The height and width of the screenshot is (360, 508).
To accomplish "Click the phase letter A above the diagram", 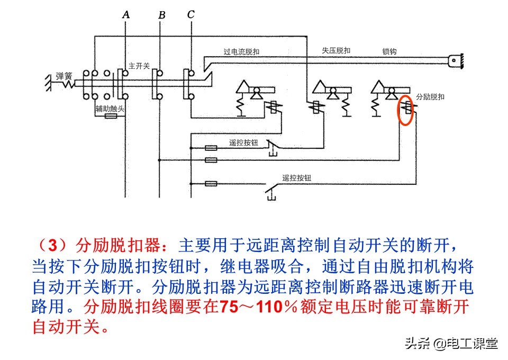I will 125,15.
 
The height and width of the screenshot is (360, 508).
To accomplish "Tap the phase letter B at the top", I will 161,15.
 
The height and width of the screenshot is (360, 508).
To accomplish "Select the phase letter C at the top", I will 190,15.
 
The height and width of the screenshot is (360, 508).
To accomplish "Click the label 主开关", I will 139,66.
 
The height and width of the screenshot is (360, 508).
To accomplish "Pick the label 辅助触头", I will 110,109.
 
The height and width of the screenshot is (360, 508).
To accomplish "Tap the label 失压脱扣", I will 336,51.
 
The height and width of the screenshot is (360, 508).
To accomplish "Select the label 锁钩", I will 389,52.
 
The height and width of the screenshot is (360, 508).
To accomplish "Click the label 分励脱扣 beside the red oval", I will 430,97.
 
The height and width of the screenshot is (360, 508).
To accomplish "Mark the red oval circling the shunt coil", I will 406,110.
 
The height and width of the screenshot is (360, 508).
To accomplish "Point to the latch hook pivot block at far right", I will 455,61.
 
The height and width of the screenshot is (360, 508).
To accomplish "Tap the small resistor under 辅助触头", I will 111,116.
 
